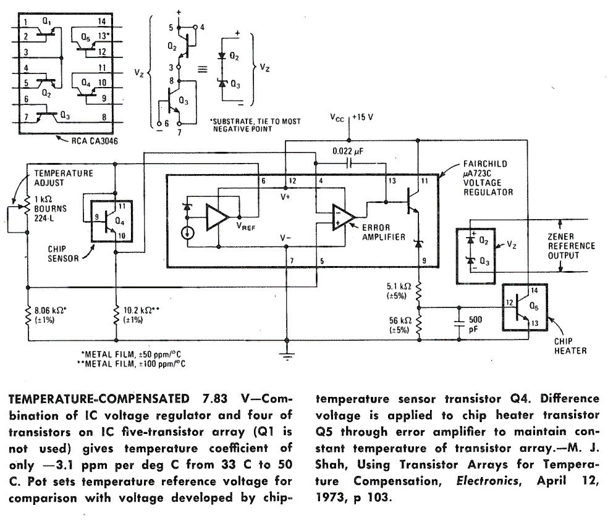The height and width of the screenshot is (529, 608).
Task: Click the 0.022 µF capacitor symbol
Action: coord(350,164)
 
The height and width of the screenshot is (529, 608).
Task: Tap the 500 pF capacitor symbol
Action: coord(458,322)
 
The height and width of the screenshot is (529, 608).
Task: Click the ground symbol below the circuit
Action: coord(285,354)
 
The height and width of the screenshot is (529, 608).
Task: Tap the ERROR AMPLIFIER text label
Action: coord(385,232)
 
